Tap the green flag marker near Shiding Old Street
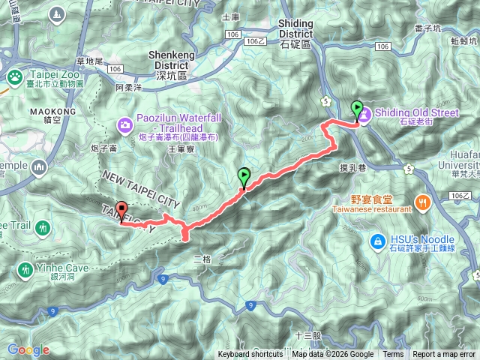pos(356,109)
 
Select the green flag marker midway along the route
pos(244,177)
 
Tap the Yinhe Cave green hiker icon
pos(27,268)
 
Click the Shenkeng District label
pos(173,59)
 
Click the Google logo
pos(28,349)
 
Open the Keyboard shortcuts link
pos(250,355)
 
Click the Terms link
pos(393,355)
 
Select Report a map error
pos(445,355)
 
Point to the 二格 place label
pos(202,259)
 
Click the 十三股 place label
pos(307,336)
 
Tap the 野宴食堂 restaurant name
pos(371,199)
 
